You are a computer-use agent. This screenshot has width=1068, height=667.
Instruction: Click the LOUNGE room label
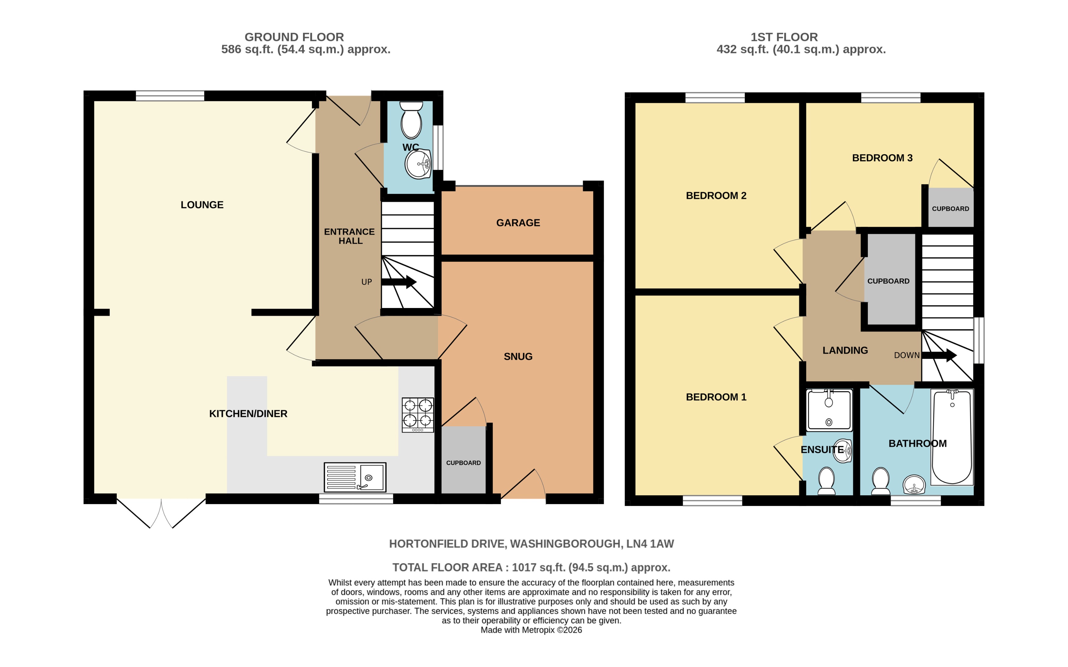(202, 205)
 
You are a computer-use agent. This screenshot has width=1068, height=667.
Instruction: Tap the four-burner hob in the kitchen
(417, 415)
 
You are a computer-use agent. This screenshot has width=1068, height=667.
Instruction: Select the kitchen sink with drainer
(355, 477)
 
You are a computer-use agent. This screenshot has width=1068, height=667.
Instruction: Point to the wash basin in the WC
(417, 164)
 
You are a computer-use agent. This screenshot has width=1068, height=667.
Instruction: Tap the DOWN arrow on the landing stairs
(939, 355)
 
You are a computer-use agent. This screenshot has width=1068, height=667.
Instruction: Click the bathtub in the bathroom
(952, 437)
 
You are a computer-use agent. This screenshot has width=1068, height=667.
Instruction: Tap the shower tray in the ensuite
(829, 410)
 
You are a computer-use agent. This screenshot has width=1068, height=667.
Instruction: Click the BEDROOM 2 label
(716, 195)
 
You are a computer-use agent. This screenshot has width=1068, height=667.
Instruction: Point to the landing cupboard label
(888, 281)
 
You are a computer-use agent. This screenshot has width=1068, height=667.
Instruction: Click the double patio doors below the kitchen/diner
(161, 513)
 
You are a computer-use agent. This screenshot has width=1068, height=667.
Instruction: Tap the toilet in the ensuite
(826, 481)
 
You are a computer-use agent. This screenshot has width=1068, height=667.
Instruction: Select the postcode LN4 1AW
(650, 543)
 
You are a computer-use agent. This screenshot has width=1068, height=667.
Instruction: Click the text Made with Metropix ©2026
(531, 630)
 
